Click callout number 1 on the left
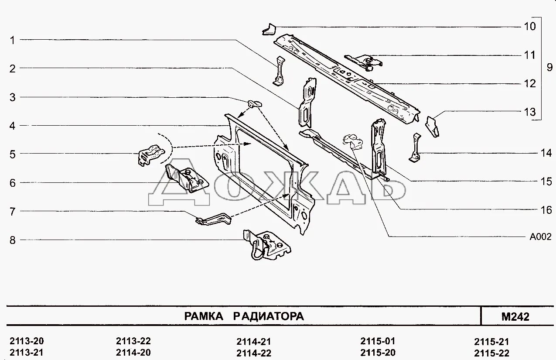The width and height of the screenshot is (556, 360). pos(13,40)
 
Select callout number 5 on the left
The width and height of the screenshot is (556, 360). pos(13,154)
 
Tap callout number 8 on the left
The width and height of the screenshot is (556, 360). pos(13,240)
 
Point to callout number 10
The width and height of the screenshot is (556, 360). pos(529,27)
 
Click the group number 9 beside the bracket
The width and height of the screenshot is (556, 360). pos(549,68)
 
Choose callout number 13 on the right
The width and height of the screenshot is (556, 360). pos(529,112)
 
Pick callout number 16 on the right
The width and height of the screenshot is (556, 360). pos(546,210)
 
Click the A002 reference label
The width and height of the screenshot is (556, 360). pos(540,237)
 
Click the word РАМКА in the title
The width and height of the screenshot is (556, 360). pos(203,316)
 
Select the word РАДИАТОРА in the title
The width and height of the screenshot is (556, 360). pos(268,316)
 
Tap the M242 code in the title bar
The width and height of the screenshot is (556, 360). pos(515,316)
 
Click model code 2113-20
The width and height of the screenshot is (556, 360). pos(27,341)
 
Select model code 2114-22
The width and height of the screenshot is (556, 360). pos(254,353)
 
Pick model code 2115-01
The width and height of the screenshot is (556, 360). pos(378,341)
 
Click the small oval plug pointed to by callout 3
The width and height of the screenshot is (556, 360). pos(254,103)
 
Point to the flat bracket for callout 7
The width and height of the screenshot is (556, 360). pos(214,219)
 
